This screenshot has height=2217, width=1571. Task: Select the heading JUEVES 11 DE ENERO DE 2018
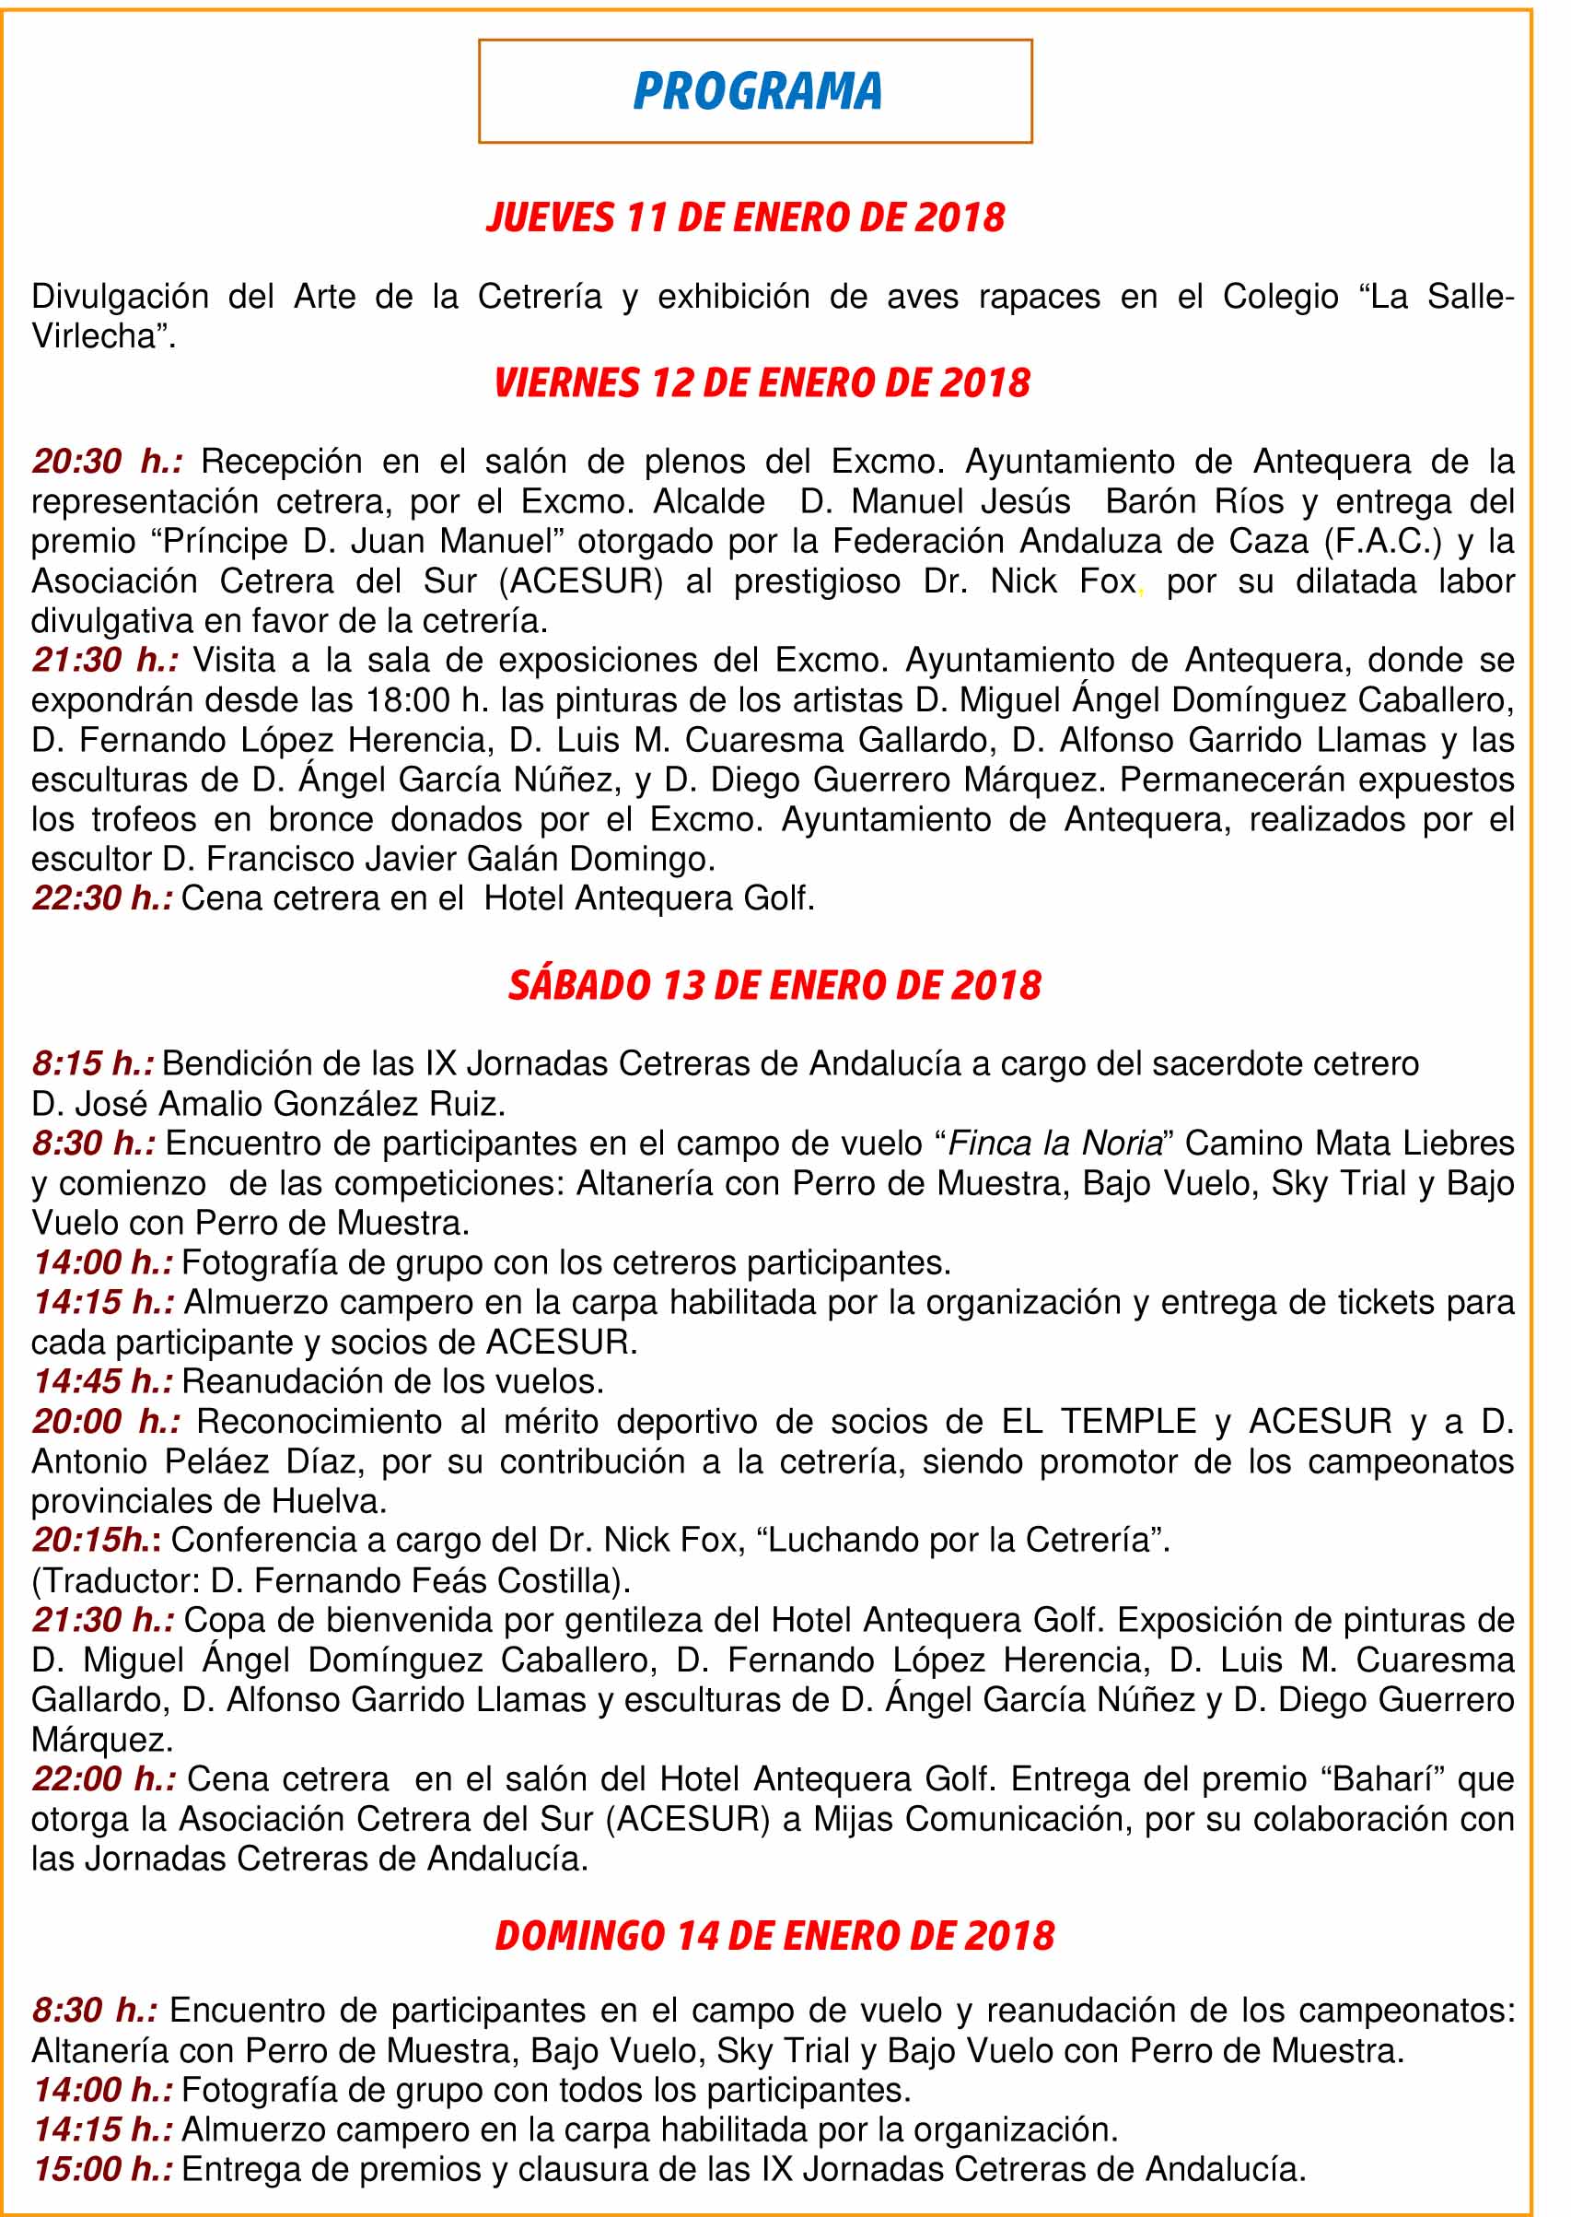coord(746,217)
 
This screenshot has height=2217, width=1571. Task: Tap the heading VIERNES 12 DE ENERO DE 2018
coord(762,382)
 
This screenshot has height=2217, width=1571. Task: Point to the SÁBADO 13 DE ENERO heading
coord(774,985)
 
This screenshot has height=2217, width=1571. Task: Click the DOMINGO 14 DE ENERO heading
coord(774,1934)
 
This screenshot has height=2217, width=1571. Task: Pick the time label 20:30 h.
coord(107,462)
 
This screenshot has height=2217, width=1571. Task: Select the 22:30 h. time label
coord(101,898)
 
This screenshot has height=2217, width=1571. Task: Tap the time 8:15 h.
coord(93,1063)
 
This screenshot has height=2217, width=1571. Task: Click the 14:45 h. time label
coord(102,1381)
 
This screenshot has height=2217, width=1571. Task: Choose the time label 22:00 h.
coord(102,1778)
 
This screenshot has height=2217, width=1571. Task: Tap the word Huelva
coord(328,1501)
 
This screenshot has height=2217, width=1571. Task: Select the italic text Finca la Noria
coord(1054,1143)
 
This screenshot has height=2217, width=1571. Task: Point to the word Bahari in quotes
coord(1378,1778)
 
